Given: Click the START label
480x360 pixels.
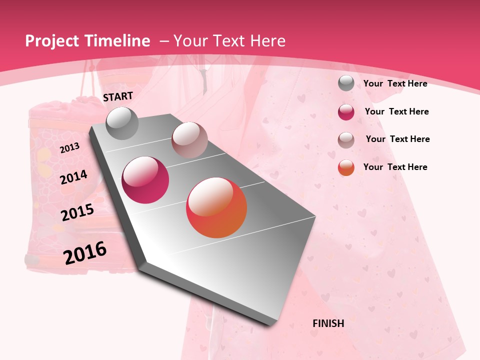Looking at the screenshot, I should [x=118, y=96].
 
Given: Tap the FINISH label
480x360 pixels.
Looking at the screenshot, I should [x=328, y=323].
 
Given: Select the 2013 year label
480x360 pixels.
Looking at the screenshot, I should [x=69, y=147].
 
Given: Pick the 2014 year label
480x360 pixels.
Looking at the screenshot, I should [x=73, y=177].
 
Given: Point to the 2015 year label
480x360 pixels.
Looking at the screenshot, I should [x=77, y=212].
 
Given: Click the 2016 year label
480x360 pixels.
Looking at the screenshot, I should [x=85, y=253].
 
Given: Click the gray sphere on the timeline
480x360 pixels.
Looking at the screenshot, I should [x=122, y=123].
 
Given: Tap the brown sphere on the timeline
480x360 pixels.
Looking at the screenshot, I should [x=189, y=140].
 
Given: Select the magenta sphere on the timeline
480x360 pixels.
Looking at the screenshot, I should [x=145, y=180].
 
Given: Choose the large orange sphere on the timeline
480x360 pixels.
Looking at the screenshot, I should [x=216, y=207].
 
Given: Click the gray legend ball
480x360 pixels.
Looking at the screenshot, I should [x=346, y=83].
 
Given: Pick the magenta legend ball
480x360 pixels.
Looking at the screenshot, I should [x=346, y=112].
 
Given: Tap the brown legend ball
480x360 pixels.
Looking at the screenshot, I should [x=346, y=140].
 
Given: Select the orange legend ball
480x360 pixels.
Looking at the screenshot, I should [x=346, y=167].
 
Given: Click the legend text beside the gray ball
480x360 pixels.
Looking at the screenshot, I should [x=395, y=83].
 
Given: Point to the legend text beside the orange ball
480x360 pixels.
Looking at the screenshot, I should [x=395, y=167].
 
